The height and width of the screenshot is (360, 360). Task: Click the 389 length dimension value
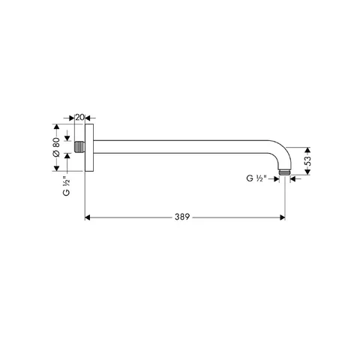pyautogui.click(x=182, y=217)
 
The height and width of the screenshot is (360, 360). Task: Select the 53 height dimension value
pyautogui.click(x=308, y=160)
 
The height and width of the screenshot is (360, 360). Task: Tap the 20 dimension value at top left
pyautogui.click(x=79, y=117)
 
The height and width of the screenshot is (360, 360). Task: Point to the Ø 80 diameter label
pyautogui.click(x=56, y=147)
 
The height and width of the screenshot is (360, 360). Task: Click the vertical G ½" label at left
pyautogui.click(x=66, y=186)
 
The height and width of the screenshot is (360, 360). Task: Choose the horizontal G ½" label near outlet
pyautogui.click(x=256, y=178)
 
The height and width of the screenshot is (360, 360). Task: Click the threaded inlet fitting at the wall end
pyautogui.click(x=79, y=146)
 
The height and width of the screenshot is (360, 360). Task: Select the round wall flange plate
pyautogui.click(x=89, y=148)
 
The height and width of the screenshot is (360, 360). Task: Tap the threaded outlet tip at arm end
pyautogui.click(x=284, y=172)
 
